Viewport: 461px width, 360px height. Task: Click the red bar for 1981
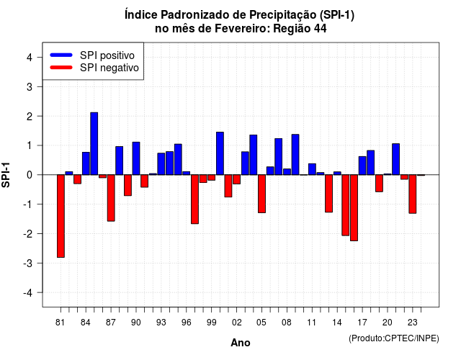coord(61,216)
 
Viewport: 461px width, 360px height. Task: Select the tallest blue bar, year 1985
coord(94,144)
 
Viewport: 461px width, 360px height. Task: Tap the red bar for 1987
coord(111,198)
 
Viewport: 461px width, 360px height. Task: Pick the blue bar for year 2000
coord(220,153)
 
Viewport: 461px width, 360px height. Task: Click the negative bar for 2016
coord(354,208)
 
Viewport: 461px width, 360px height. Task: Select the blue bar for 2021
coord(395,159)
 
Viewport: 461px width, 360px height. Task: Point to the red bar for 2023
coord(413,194)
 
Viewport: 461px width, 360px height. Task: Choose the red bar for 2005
coord(261,194)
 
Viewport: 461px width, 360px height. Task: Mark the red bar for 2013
coord(328,194)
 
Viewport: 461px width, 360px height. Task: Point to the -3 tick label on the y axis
coord(28,263)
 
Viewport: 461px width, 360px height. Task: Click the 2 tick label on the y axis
coord(30,116)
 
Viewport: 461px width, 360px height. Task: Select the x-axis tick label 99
coord(211,323)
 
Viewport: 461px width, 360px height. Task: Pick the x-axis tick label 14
coord(337,323)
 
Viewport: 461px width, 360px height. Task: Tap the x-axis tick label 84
coord(85,323)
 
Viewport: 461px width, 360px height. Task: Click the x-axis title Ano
coord(241,343)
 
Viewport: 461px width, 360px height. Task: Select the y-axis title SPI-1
coord(6,175)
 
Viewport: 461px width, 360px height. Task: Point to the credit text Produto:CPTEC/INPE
coord(394,338)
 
